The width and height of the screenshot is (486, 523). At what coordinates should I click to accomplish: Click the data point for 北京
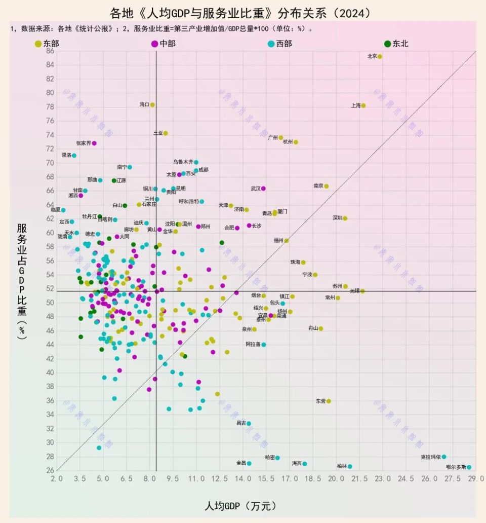380,56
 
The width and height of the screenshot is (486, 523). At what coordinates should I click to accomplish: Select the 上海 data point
363,105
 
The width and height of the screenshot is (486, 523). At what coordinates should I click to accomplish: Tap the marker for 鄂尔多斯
469,467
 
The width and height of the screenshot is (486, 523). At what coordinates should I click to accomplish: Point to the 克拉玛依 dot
444,457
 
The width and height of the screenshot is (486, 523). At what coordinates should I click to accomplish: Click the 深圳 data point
345,218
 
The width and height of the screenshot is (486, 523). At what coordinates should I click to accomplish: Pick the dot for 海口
152,105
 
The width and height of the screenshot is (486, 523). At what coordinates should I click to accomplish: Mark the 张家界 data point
94,143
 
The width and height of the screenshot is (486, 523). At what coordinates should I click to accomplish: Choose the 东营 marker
329,401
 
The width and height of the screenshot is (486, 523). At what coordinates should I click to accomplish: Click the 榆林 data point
350,466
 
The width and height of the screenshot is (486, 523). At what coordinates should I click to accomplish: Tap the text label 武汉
255,189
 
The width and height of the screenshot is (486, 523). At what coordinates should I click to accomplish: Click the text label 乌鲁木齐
183,162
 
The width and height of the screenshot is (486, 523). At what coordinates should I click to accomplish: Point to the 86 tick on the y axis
50,51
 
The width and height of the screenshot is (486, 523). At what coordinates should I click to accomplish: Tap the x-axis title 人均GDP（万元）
241,505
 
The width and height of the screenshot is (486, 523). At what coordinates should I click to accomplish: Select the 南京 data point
327,186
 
